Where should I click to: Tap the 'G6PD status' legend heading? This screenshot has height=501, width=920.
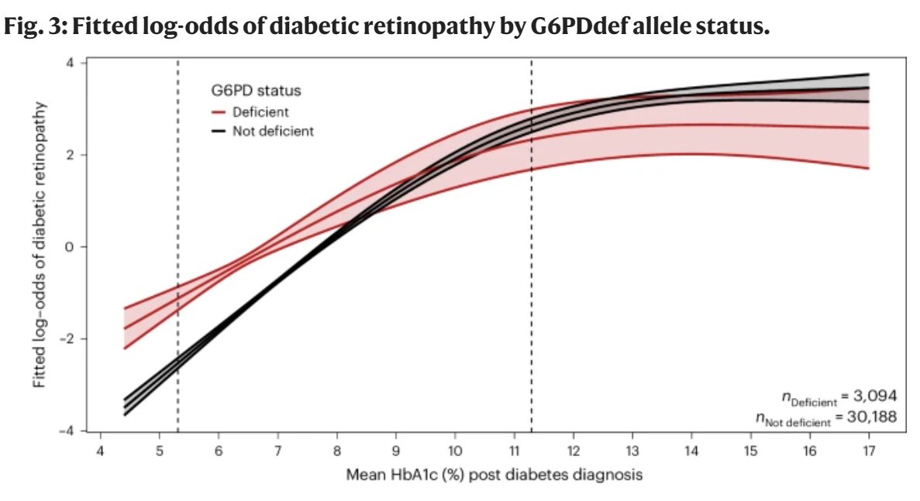point(257,91)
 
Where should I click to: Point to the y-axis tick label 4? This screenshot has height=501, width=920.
point(71,63)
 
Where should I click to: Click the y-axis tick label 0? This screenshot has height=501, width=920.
point(71,247)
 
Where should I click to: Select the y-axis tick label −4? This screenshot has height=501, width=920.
point(68,431)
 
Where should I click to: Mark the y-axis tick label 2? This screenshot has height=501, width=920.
point(71,155)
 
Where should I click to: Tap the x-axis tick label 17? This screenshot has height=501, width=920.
point(868,451)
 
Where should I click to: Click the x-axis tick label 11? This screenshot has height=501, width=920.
point(514,451)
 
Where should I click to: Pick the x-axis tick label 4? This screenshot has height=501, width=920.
point(100,451)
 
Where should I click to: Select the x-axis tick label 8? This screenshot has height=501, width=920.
point(336,451)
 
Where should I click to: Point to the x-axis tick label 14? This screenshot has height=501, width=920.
point(691,451)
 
